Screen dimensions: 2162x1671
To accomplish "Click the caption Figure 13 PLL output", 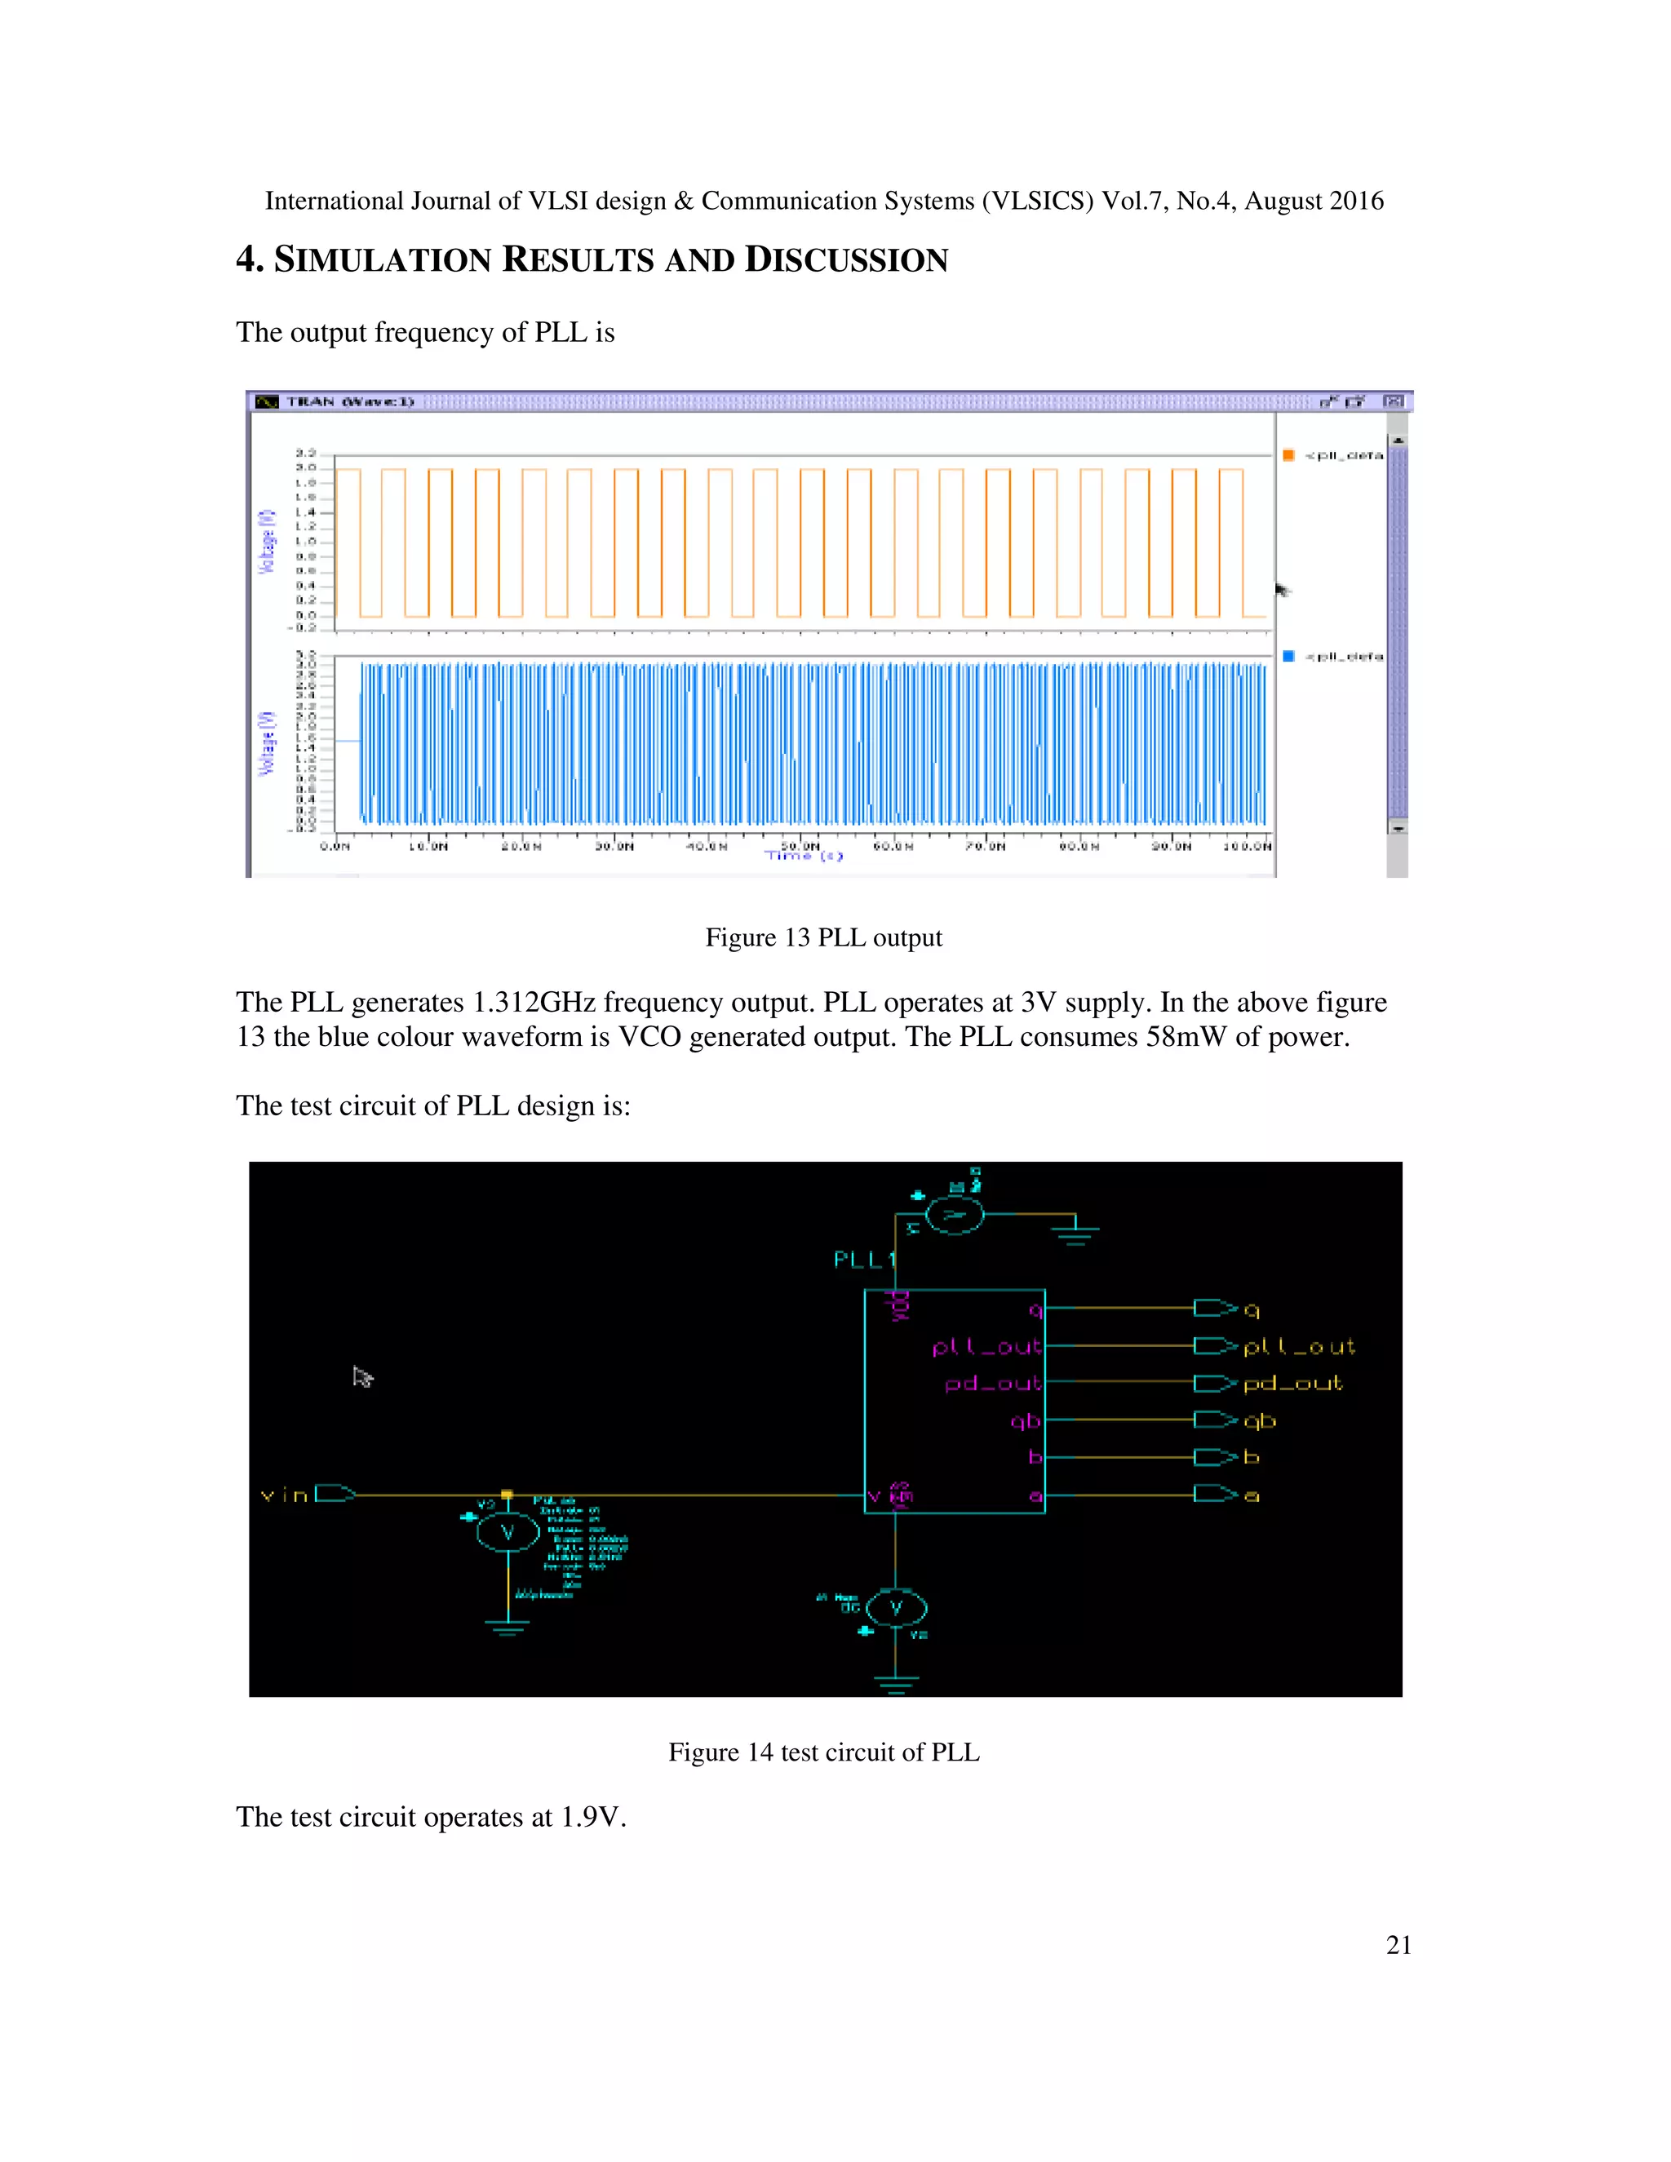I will [x=822, y=937].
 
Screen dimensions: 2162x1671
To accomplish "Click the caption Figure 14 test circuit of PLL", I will [x=822, y=1752].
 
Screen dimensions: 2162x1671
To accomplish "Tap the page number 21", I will [x=1398, y=1945].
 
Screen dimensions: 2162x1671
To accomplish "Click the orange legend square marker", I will [x=1288, y=455].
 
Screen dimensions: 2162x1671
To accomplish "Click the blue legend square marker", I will [x=1288, y=656].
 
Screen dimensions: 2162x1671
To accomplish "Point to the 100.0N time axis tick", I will [x=1247, y=846].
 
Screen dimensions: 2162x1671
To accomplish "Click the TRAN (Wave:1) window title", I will [x=349, y=402].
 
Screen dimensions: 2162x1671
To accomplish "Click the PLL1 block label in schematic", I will [x=864, y=1259].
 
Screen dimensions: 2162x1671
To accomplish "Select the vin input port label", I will [x=284, y=1495].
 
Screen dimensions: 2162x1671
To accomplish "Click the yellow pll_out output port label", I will [x=1298, y=1347].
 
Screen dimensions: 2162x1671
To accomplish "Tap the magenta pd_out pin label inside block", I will [x=992, y=1383].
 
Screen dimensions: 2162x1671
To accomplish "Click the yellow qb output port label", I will [x=1259, y=1421].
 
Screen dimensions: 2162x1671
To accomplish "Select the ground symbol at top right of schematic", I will [x=1075, y=1231].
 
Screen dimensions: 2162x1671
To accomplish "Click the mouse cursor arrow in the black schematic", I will [x=362, y=1377].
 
